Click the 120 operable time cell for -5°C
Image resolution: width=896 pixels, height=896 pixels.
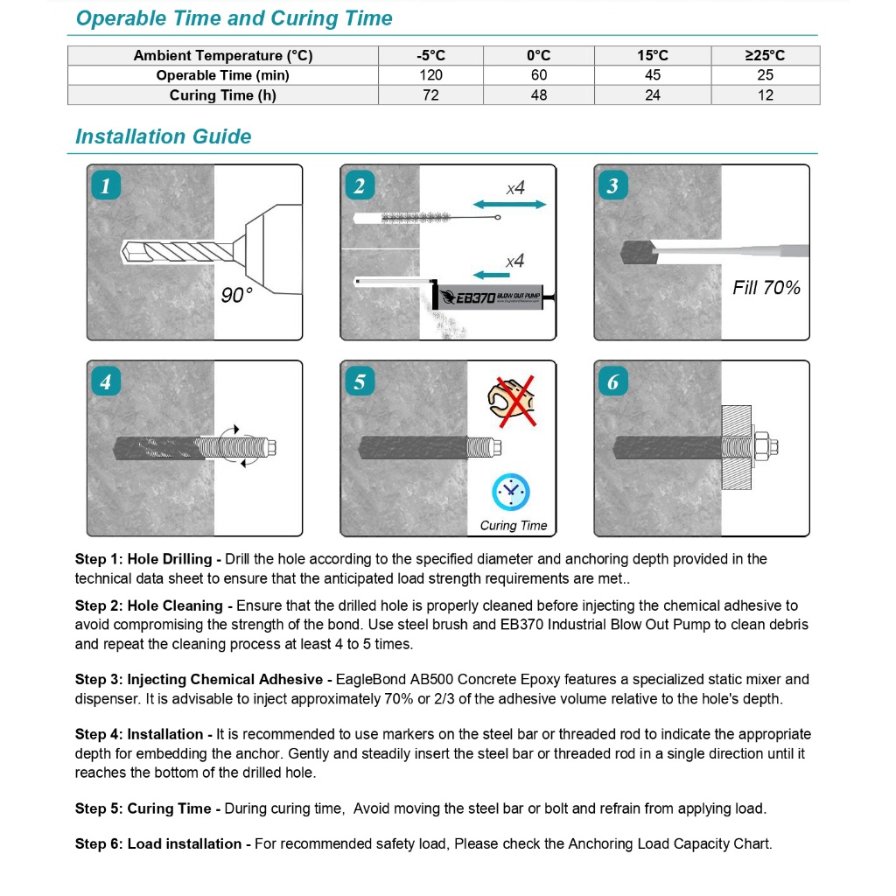point(430,75)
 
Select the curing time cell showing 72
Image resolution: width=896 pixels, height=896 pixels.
point(430,95)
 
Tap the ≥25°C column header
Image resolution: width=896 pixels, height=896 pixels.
point(765,55)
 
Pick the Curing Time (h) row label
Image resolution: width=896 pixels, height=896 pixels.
point(222,95)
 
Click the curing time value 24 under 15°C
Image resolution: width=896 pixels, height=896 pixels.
point(653,95)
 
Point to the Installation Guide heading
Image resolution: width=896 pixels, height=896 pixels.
point(163,136)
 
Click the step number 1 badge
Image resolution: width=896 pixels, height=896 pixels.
point(106,185)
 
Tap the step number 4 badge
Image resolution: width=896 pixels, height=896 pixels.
point(106,381)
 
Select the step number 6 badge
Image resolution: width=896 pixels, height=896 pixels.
point(612,381)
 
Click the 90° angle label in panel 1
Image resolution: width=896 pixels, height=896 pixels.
point(236,296)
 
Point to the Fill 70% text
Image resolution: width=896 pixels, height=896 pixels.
point(766,288)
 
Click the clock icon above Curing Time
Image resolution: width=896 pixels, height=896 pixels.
point(511,493)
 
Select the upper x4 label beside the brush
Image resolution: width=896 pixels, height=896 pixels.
point(515,188)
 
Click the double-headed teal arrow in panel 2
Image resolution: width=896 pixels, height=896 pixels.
point(509,205)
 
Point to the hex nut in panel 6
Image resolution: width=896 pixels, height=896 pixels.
point(760,447)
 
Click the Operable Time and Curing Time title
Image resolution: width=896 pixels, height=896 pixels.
point(234,18)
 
